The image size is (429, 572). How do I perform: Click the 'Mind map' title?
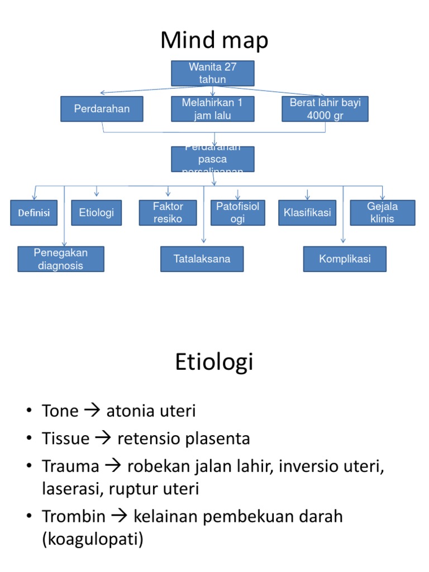[x=214, y=40]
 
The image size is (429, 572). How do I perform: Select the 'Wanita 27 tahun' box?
[x=212, y=73]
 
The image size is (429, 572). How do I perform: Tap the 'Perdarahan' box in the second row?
[x=102, y=109]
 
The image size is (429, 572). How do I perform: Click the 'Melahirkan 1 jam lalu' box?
[x=212, y=109]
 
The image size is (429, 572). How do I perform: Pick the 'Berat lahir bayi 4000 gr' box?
[x=325, y=109]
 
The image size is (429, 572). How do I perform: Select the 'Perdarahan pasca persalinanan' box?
[x=212, y=159]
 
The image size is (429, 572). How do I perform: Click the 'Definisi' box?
[x=34, y=213]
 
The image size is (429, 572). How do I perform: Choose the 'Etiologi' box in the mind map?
[x=97, y=212]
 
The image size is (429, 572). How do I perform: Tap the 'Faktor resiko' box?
[x=168, y=212]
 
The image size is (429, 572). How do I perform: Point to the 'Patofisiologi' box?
[x=237, y=212]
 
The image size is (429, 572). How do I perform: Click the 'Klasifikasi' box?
[x=307, y=212]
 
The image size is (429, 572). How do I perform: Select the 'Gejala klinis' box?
[x=383, y=212]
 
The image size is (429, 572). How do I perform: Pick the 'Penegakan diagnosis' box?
[x=61, y=259]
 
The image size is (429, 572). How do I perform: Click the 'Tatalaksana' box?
[x=202, y=259]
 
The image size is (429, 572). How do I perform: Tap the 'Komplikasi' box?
[x=345, y=259]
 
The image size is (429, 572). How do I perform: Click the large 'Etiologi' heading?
[x=214, y=362]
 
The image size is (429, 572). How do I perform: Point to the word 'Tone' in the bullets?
[x=60, y=411]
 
